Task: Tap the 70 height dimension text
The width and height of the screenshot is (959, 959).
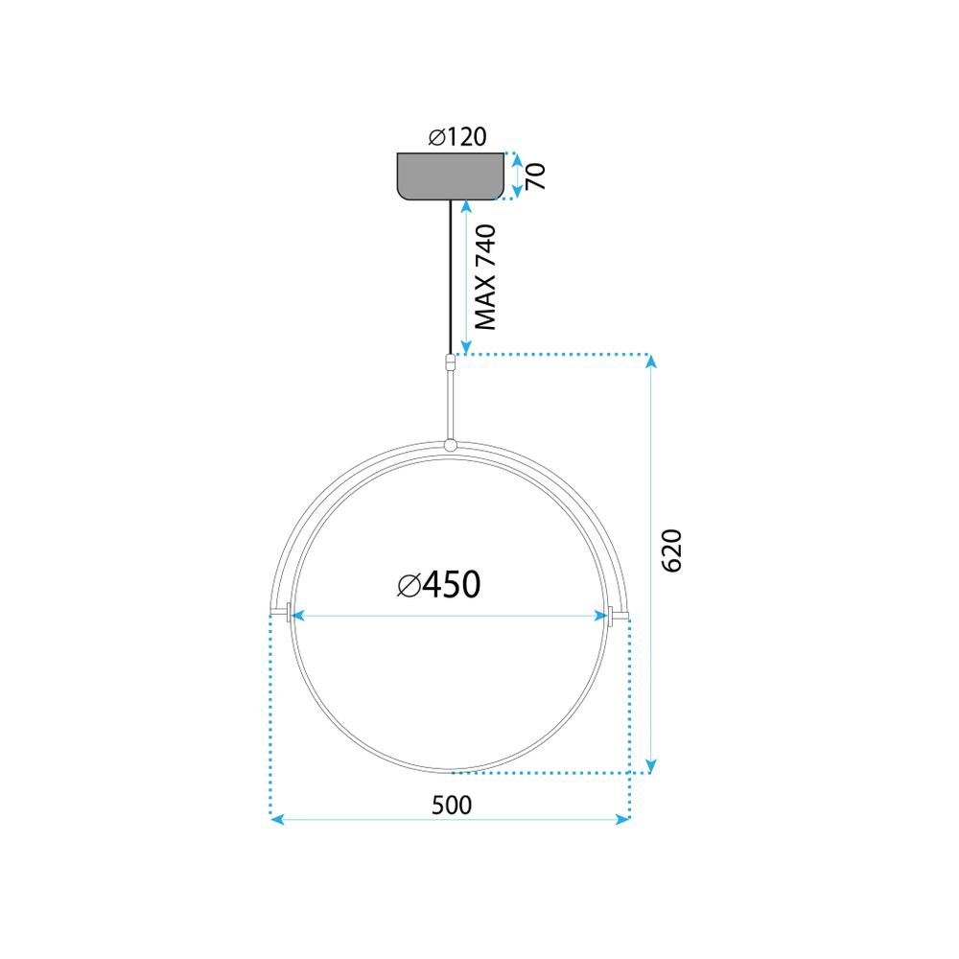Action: tap(535, 175)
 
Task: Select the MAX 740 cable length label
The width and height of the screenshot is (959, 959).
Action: tap(486, 277)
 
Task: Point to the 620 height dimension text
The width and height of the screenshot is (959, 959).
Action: tap(673, 550)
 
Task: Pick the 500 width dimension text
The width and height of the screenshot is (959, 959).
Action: tap(451, 806)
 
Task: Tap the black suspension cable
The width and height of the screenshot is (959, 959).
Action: tap(451, 278)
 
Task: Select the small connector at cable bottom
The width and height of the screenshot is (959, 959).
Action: tap(450, 363)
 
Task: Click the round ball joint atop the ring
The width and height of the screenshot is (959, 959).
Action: tap(450, 445)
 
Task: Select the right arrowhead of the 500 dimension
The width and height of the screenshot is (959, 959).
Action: tap(624, 819)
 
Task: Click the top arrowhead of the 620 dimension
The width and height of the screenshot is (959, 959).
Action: tap(651, 362)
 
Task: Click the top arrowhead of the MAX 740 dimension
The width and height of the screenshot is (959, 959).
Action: tap(466, 208)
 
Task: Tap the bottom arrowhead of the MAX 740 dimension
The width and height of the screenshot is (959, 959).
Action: tap(466, 348)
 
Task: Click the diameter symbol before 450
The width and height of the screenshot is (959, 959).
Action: tap(408, 585)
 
